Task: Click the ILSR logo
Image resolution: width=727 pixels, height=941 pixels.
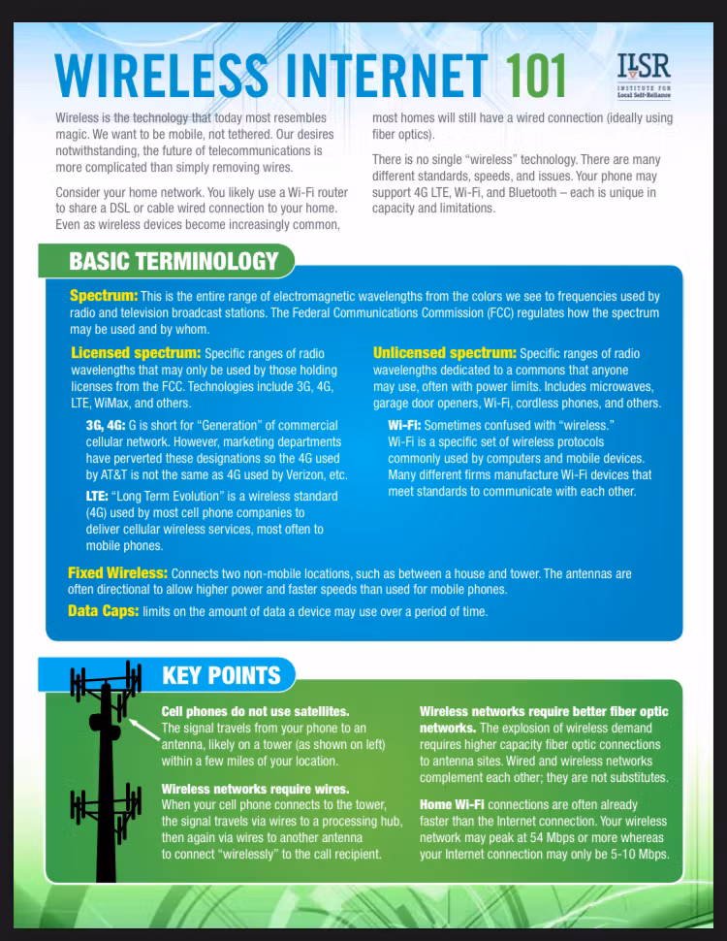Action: (x=643, y=74)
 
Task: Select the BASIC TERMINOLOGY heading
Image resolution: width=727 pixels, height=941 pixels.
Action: (x=174, y=261)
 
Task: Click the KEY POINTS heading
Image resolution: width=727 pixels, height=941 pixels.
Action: (x=221, y=676)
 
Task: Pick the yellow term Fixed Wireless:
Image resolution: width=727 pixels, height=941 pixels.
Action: (x=117, y=573)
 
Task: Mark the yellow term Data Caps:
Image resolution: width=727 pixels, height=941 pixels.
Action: (x=103, y=611)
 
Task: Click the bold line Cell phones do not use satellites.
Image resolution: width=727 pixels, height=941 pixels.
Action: (x=255, y=712)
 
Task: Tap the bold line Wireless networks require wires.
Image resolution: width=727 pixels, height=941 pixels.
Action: (x=255, y=789)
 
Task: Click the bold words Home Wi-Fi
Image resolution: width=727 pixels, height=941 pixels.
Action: (x=452, y=804)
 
